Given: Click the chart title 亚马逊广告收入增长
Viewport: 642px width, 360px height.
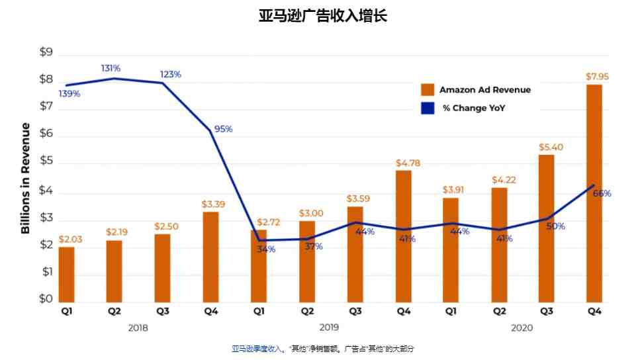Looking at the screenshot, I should click(x=322, y=16).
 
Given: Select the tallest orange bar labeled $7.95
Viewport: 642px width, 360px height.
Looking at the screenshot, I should click(x=594, y=192).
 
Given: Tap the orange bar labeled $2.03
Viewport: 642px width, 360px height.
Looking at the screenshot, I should click(x=66, y=273).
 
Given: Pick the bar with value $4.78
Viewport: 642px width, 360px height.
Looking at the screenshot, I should click(x=404, y=234).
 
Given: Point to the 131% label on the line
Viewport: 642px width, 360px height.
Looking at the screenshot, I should click(x=111, y=68).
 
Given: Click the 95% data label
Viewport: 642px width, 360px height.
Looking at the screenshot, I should click(x=224, y=129).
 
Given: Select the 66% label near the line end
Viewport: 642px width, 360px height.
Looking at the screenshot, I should click(x=602, y=194).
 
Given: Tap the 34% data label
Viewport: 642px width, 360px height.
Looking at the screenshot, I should click(x=266, y=249).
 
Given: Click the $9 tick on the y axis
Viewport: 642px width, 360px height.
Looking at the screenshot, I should click(x=46, y=52).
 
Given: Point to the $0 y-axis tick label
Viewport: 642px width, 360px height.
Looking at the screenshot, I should click(x=46, y=299).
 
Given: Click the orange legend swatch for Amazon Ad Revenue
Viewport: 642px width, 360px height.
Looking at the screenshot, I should click(x=428, y=89).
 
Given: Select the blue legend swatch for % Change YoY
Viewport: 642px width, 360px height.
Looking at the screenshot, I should click(x=428, y=108).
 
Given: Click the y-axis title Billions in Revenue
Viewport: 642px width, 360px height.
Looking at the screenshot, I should click(x=26, y=178).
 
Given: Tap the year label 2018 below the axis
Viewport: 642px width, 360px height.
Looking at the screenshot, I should click(x=138, y=328).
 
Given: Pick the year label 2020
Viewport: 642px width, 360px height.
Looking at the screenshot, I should click(x=522, y=328).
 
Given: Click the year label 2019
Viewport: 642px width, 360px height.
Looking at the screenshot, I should click(x=329, y=328).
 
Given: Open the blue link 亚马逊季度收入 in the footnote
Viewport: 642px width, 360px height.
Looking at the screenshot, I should click(x=257, y=348).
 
